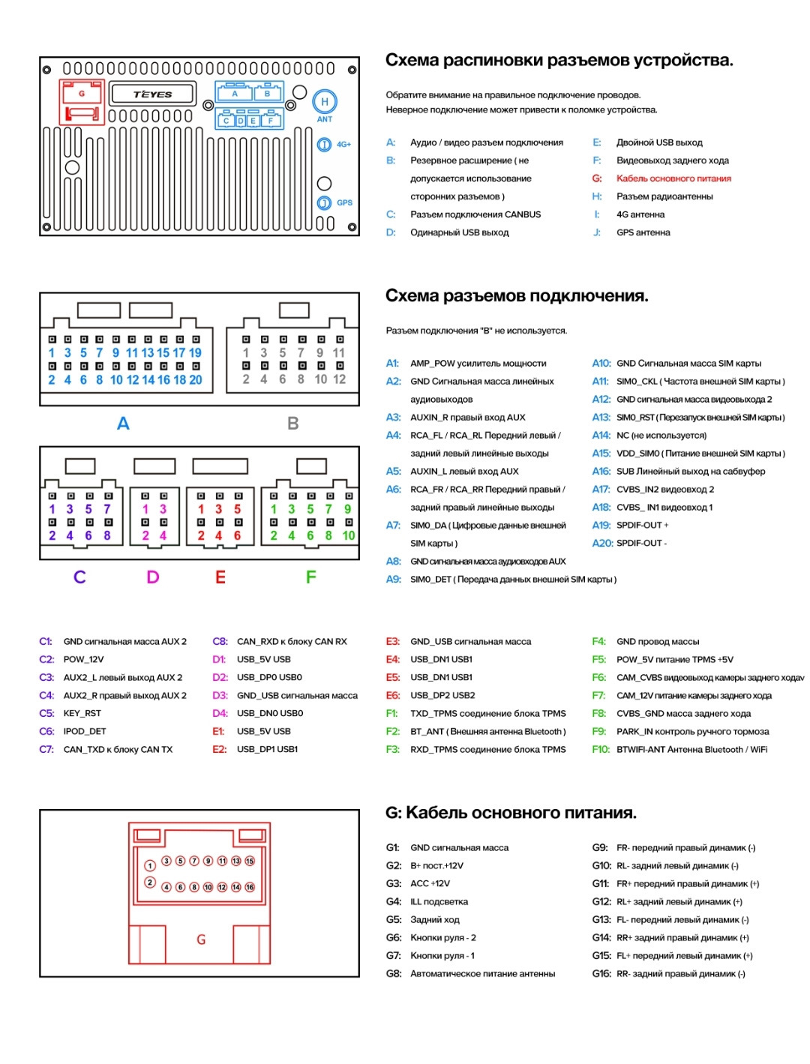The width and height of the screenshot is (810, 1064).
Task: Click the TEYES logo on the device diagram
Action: [153, 94]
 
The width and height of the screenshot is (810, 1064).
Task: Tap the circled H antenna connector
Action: [325, 102]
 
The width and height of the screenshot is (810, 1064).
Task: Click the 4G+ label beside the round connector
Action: [343, 145]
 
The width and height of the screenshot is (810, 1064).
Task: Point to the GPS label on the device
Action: [344, 202]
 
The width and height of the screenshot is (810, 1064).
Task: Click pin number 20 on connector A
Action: [195, 380]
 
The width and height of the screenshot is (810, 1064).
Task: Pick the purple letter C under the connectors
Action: [79, 577]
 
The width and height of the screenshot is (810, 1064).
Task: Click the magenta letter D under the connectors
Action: [153, 577]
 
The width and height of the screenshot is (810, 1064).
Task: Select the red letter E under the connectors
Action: [220, 577]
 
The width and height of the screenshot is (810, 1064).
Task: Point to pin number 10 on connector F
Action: [349, 535]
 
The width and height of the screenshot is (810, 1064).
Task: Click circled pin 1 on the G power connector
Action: [150, 865]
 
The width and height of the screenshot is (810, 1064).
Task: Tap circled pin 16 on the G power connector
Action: [250, 887]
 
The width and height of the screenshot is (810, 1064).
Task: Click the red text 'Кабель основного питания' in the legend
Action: [673, 178]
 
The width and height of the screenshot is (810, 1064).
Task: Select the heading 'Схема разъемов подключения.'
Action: [517, 295]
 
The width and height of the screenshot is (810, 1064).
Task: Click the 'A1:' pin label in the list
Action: [392, 364]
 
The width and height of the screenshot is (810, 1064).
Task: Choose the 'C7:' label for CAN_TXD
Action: [46, 750]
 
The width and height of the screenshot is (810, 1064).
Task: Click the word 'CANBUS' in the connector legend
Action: [523, 214]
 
